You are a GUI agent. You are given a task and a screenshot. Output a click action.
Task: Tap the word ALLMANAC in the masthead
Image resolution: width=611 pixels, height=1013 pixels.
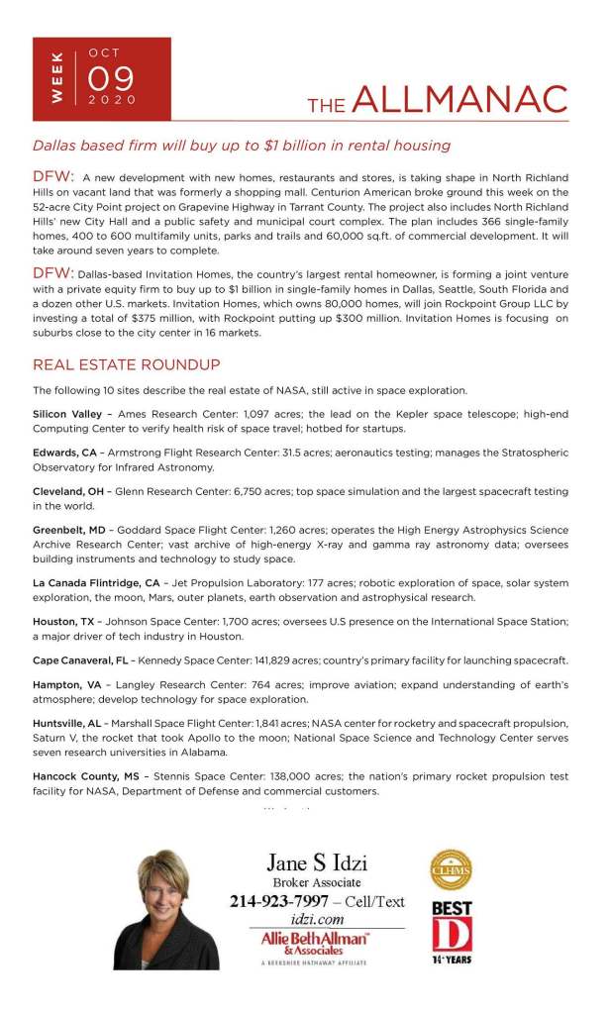(459, 100)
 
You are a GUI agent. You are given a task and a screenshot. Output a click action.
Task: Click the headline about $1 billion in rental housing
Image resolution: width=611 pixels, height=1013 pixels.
(241, 146)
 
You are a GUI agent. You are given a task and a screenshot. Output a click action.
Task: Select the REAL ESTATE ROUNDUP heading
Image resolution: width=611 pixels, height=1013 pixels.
(126, 365)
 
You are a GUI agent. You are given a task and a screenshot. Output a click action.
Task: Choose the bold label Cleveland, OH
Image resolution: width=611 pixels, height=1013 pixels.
(68, 491)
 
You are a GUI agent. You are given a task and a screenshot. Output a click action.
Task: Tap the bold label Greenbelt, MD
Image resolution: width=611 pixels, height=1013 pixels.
(69, 530)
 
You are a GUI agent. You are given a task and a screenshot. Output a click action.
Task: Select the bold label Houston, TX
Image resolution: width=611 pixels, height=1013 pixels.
(65, 621)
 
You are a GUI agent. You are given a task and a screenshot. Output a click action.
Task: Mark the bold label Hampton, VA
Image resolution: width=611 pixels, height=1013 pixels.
(65, 685)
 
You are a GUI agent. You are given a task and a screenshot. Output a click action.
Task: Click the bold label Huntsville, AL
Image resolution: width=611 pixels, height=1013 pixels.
(68, 725)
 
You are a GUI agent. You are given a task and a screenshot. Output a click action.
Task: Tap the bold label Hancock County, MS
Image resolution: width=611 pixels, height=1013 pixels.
(85, 776)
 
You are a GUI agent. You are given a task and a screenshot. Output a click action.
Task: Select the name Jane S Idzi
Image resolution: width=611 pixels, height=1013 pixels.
(317, 861)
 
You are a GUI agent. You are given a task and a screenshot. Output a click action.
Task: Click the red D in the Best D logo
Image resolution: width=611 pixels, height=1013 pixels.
(452, 935)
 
